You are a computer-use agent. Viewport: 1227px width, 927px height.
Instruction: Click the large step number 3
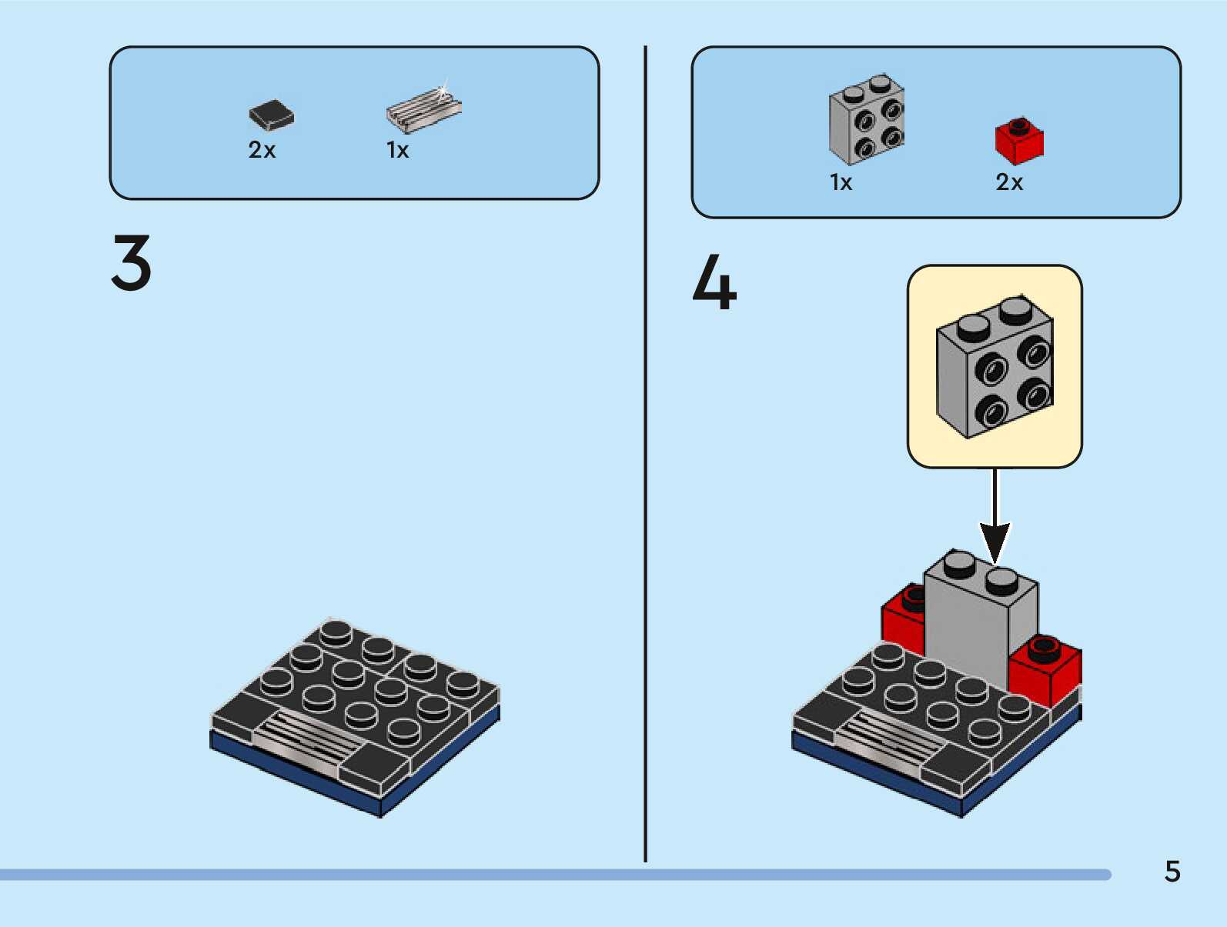point(132,263)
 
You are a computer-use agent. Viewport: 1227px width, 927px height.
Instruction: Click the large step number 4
point(714,283)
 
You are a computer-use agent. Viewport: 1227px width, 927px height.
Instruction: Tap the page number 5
point(1172,872)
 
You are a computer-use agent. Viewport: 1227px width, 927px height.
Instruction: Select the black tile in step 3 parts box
point(271,115)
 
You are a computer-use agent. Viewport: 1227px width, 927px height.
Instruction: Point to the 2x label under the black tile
point(262,150)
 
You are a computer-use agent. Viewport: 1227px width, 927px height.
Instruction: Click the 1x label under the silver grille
point(397,150)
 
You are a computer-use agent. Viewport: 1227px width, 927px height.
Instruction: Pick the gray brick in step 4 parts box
point(866,120)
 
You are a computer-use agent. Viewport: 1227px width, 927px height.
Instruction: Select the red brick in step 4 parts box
point(1019,142)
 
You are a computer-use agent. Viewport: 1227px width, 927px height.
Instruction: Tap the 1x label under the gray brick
point(841,183)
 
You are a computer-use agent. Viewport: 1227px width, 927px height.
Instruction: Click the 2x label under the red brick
point(1009,183)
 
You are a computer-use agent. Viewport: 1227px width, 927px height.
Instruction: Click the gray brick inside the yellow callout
point(994,368)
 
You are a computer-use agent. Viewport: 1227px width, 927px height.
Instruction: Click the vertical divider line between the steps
point(645,454)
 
